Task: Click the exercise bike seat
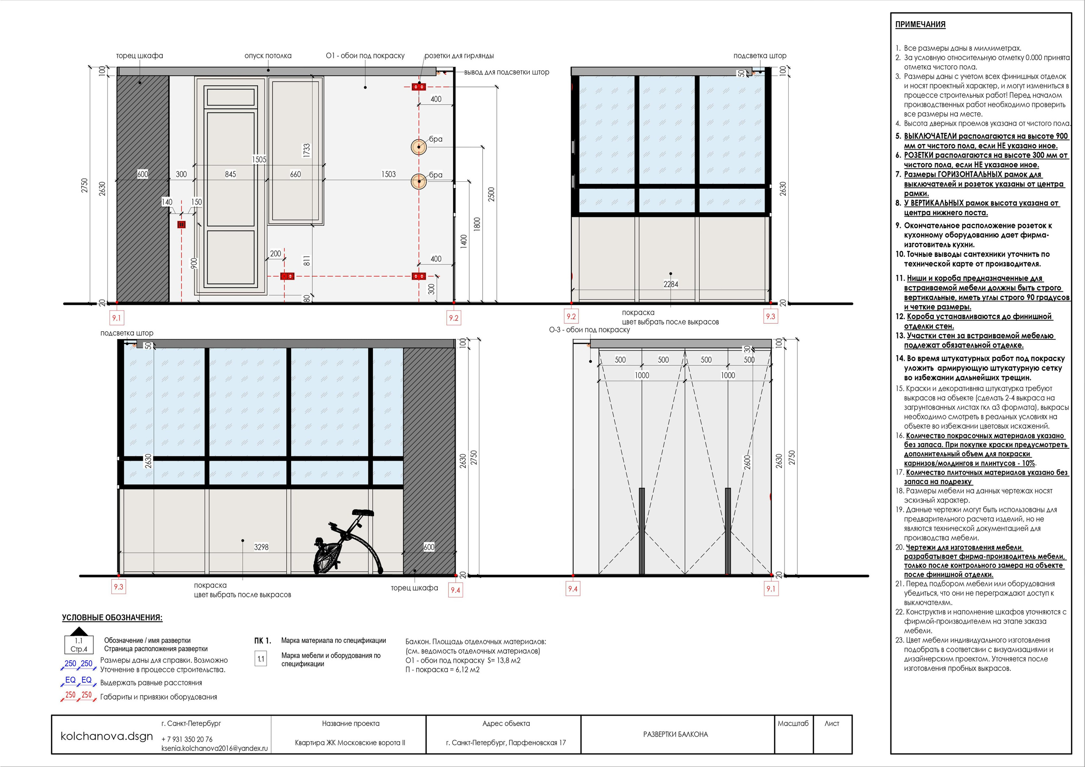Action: (x=363, y=512)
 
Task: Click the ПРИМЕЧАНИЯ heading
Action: (x=920, y=25)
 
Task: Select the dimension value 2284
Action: (x=670, y=284)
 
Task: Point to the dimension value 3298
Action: (x=262, y=547)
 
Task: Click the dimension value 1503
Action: (x=389, y=175)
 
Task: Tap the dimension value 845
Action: (x=230, y=175)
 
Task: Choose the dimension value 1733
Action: (x=306, y=150)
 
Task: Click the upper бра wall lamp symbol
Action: (x=419, y=147)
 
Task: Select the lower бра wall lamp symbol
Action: (x=419, y=181)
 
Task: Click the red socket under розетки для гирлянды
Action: (x=419, y=87)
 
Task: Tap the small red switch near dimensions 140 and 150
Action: (x=181, y=225)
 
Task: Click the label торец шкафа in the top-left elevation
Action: (x=139, y=56)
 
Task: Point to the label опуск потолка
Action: (x=268, y=56)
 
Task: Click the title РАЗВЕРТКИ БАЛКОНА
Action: (x=675, y=734)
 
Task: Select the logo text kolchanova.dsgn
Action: (x=107, y=736)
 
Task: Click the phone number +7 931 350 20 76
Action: (x=187, y=739)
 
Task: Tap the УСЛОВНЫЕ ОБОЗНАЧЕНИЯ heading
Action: (x=112, y=618)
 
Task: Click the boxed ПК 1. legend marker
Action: (x=262, y=641)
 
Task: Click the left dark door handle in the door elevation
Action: (x=642, y=531)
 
